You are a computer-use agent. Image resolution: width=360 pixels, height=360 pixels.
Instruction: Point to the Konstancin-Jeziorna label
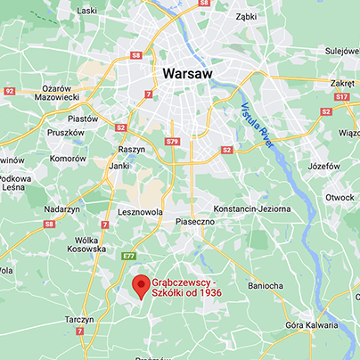258,207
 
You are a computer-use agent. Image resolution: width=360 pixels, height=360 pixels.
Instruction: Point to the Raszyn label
131,150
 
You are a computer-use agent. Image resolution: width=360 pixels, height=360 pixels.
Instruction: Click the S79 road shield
173,142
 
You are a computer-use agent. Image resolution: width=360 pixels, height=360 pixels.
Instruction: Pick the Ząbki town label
244,15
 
